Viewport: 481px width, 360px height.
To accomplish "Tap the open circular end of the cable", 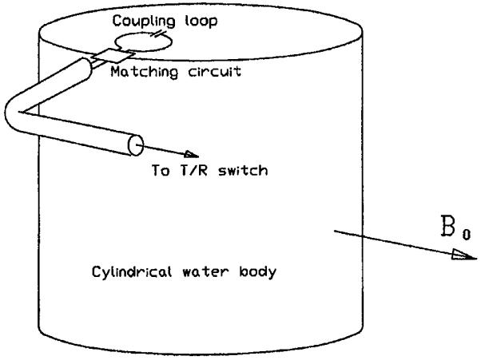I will tap(136, 145).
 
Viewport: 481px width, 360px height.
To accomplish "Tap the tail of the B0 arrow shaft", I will tap(334, 231).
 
